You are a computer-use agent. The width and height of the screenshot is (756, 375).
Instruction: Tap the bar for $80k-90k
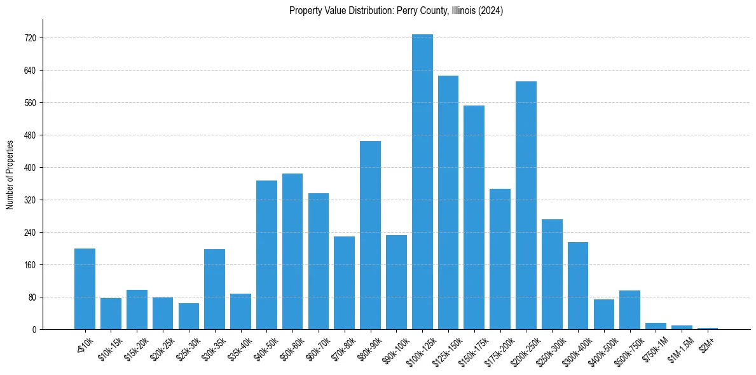point(370,235)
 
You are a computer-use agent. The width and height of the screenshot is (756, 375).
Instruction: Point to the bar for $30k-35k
point(214,289)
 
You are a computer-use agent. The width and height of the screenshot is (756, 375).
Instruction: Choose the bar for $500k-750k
point(629,310)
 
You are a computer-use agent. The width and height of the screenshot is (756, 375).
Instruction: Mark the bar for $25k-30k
point(188,317)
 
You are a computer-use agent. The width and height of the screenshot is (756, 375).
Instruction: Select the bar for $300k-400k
point(577,286)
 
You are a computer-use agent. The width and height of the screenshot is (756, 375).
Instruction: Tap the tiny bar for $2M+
point(708,328)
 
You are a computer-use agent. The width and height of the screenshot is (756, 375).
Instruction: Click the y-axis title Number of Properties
point(10,174)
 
